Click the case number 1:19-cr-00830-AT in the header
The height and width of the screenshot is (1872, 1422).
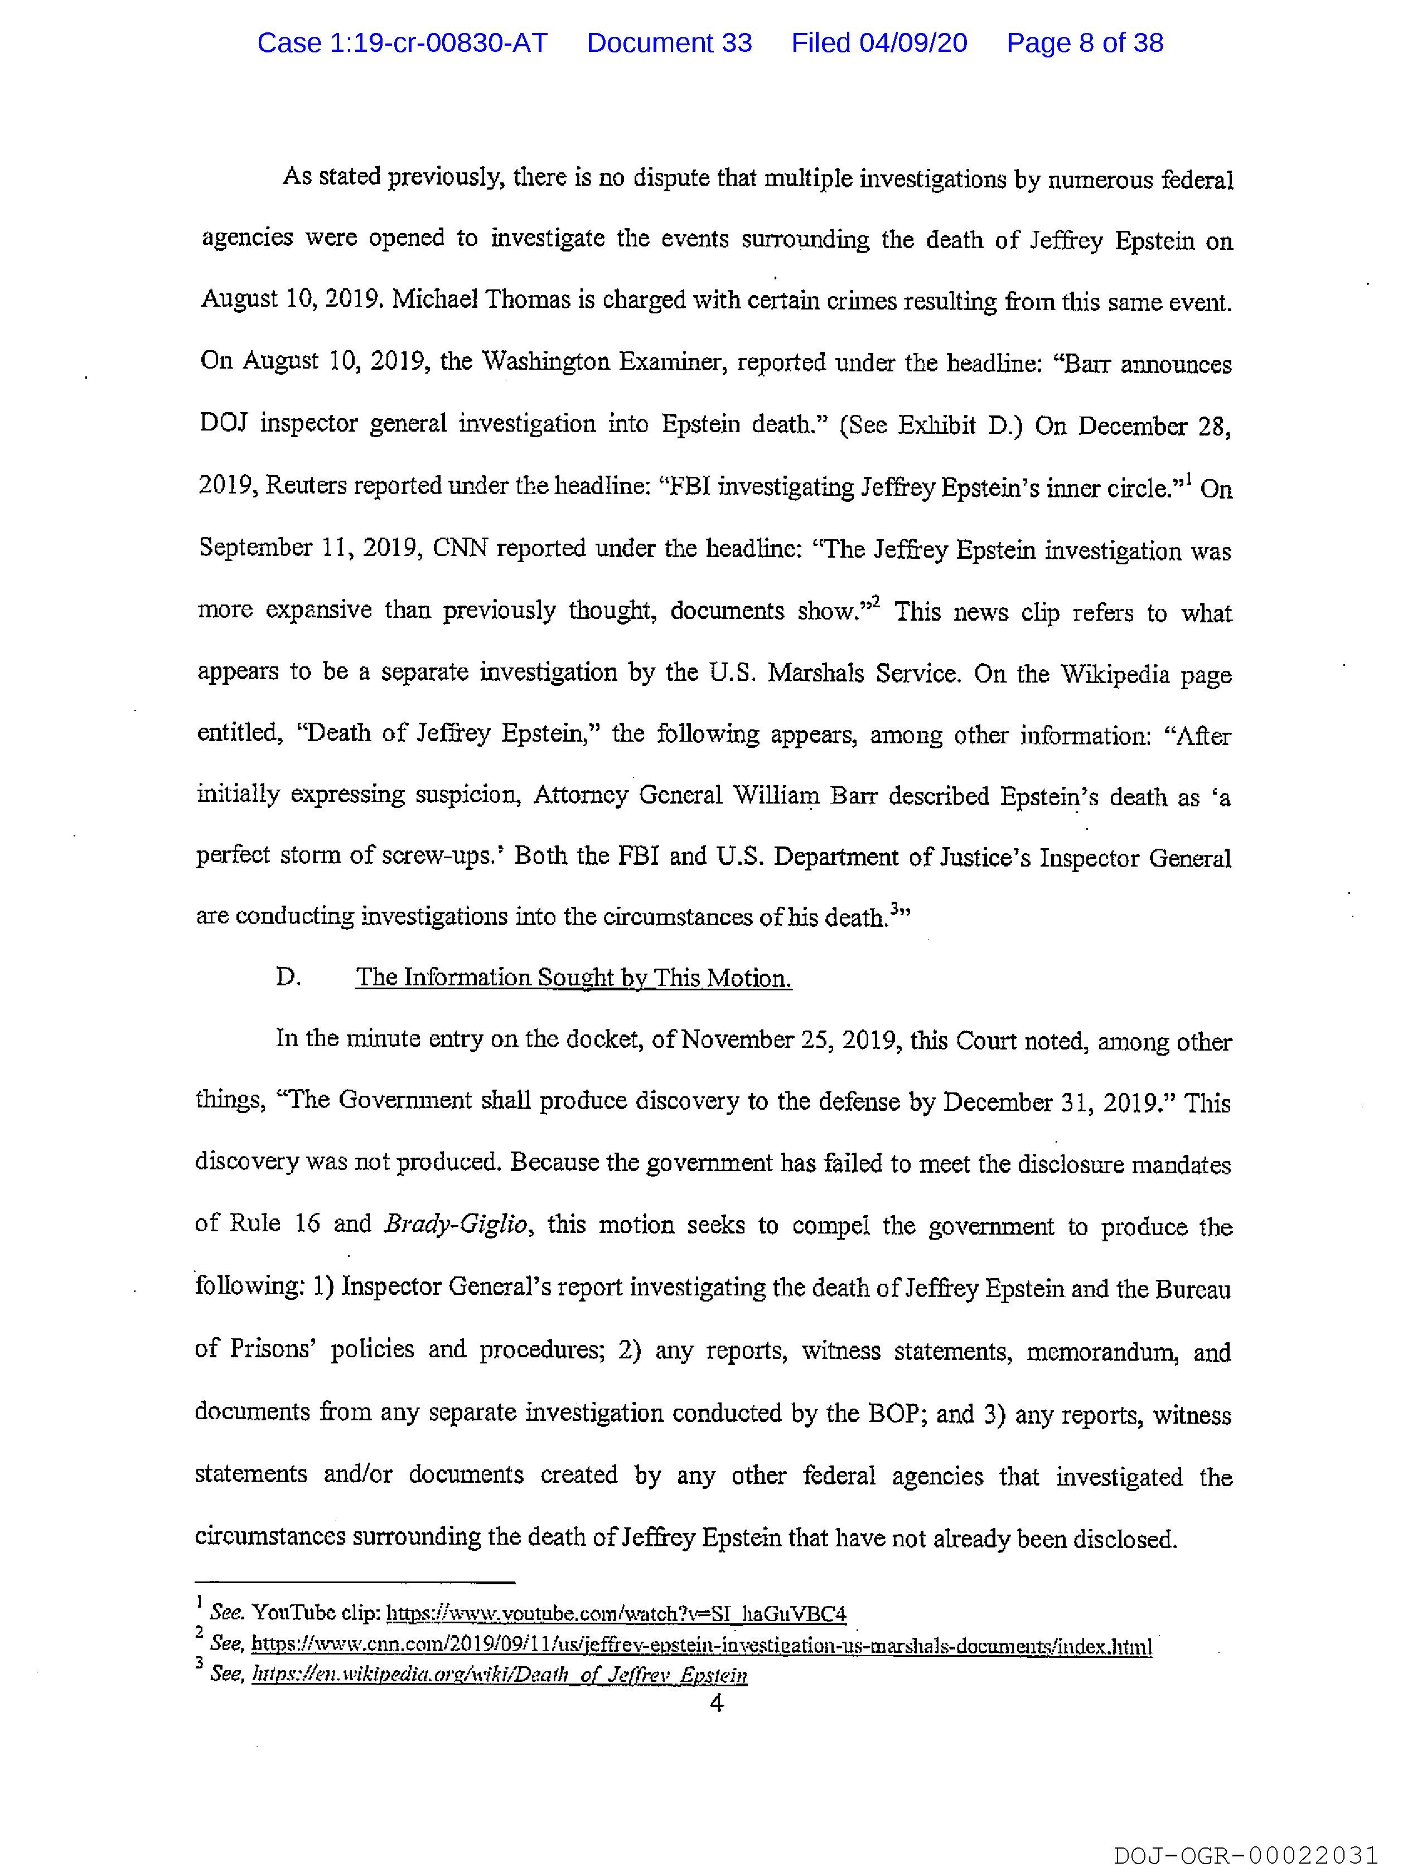coord(402,43)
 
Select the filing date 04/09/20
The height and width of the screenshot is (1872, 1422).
coord(879,43)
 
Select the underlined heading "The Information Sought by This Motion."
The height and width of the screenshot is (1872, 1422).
coord(573,978)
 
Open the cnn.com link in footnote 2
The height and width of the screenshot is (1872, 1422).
coord(701,1646)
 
